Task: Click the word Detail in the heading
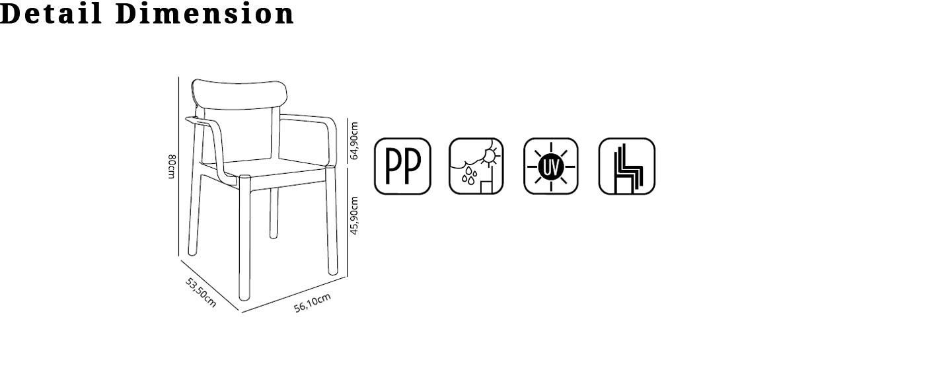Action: pyautogui.click(x=51, y=13)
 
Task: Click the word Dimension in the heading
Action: pyautogui.click(x=205, y=13)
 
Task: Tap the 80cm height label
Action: pyautogui.click(x=171, y=166)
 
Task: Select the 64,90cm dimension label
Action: pyautogui.click(x=354, y=140)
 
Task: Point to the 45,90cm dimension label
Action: pyautogui.click(x=354, y=215)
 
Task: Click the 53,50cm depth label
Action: pyautogui.click(x=201, y=292)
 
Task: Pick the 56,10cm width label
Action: pyautogui.click(x=312, y=303)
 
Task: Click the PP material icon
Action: pyautogui.click(x=402, y=166)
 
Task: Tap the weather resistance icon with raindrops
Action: pyautogui.click(x=476, y=166)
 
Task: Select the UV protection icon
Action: pyautogui.click(x=551, y=166)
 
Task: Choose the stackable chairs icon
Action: pyautogui.click(x=626, y=166)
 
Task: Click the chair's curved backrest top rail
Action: pyautogui.click(x=239, y=94)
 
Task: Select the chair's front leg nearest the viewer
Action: pyautogui.click(x=245, y=238)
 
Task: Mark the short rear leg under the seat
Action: pyautogui.click(x=274, y=213)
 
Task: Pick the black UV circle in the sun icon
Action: pyautogui.click(x=551, y=166)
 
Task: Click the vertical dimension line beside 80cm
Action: pyautogui.click(x=179, y=166)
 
